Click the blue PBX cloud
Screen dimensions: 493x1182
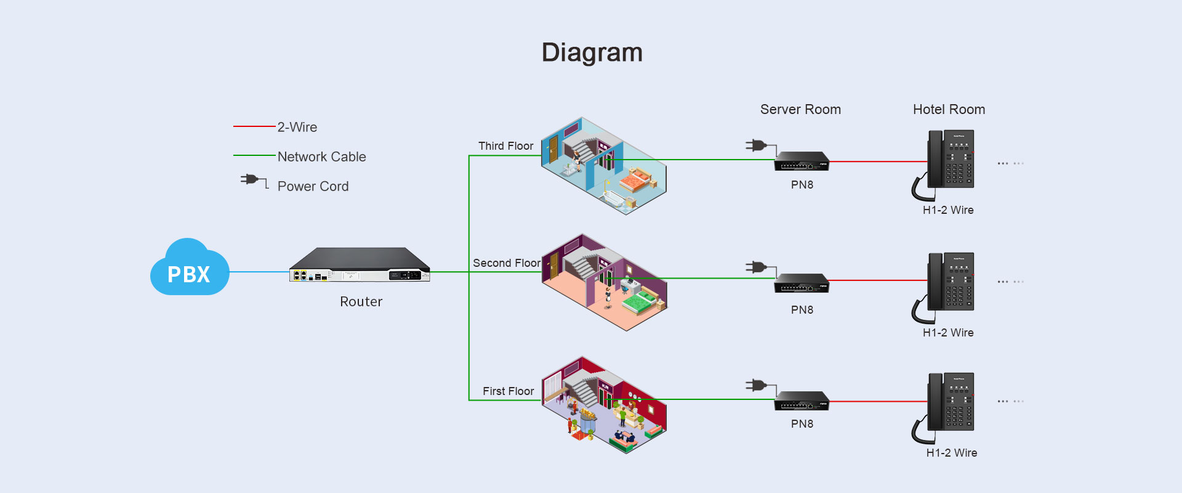(x=190, y=269)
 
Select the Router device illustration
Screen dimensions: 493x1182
(x=360, y=266)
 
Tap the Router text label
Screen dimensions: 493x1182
(x=361, y=301)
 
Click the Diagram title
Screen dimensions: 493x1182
(x=592, y=53)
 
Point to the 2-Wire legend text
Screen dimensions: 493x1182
(x=297, y=127)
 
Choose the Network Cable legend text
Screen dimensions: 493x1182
(x=321, y=157)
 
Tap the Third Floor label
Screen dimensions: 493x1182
(x=505, y=146)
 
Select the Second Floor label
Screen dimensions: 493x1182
(x=506, y=263)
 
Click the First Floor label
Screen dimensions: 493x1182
(x=508, y=391)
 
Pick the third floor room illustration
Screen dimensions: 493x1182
(x=603, y=165)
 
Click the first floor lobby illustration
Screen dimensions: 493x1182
(x=603, y=405)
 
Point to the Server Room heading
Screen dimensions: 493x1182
(x=800, y=110)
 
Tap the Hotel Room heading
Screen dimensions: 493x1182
(x=949, y=110)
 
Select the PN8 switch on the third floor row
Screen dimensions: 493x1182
(x=801, y=161)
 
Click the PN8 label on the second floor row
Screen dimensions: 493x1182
(x=802, y=310)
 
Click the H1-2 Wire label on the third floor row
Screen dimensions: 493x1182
(x=948, y=210)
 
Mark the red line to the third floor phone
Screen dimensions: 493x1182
(x=877, y=161)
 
